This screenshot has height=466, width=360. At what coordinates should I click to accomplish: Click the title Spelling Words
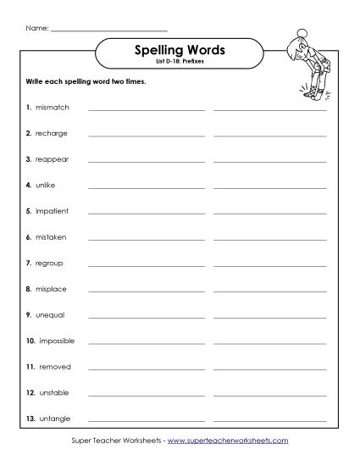coord(180,50)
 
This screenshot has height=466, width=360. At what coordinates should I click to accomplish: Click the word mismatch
coord(53,108)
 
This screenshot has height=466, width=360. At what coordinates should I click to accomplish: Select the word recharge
coord(52,134)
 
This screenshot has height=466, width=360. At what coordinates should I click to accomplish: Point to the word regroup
coord(49,264)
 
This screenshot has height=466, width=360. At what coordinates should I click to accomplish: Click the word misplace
coord(51,289)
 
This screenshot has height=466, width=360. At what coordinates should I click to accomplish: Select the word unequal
coord(50,315)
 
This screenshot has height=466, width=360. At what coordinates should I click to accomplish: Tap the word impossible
coord(57,341)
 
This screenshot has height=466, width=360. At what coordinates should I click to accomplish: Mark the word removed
coord(54,367)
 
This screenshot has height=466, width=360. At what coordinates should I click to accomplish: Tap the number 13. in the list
coord(30,419)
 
